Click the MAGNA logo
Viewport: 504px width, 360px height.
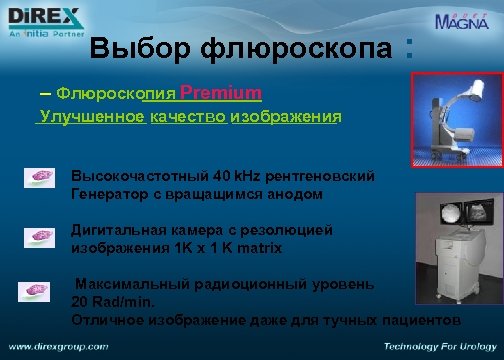coord(463,21)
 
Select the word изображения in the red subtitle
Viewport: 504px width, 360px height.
coord(285,116)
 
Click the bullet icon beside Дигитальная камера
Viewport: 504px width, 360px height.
coord(41,236)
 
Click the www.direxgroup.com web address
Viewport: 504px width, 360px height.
coord(59,347)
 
